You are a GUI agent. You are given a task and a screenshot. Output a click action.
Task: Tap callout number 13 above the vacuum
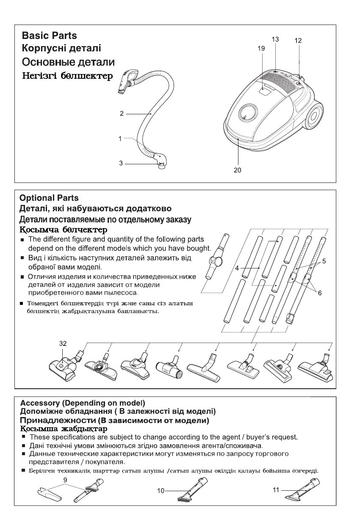275,39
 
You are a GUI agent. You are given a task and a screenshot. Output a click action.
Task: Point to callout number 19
261,49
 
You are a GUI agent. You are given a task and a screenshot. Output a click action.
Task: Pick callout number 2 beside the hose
122,113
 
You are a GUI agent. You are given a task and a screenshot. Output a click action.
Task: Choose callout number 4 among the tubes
238,268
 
